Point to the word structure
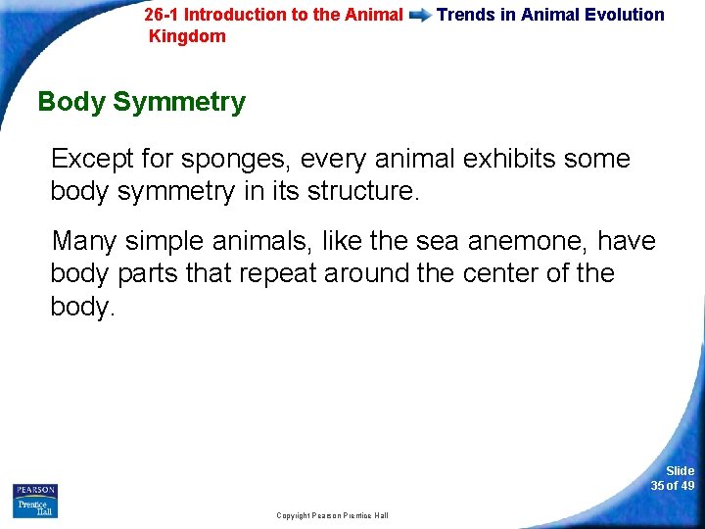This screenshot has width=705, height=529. coord(363,191)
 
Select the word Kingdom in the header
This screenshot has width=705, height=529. coord(187,36)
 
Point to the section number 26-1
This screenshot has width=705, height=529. coord(162,15)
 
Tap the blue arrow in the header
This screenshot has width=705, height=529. coord(420,16)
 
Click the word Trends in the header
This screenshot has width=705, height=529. coord(465,15)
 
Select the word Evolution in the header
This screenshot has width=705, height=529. coord(622,15)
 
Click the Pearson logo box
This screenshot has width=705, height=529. coord(35,490)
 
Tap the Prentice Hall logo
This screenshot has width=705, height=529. coord(35,507)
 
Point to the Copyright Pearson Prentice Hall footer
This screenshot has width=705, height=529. coord(332,515)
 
